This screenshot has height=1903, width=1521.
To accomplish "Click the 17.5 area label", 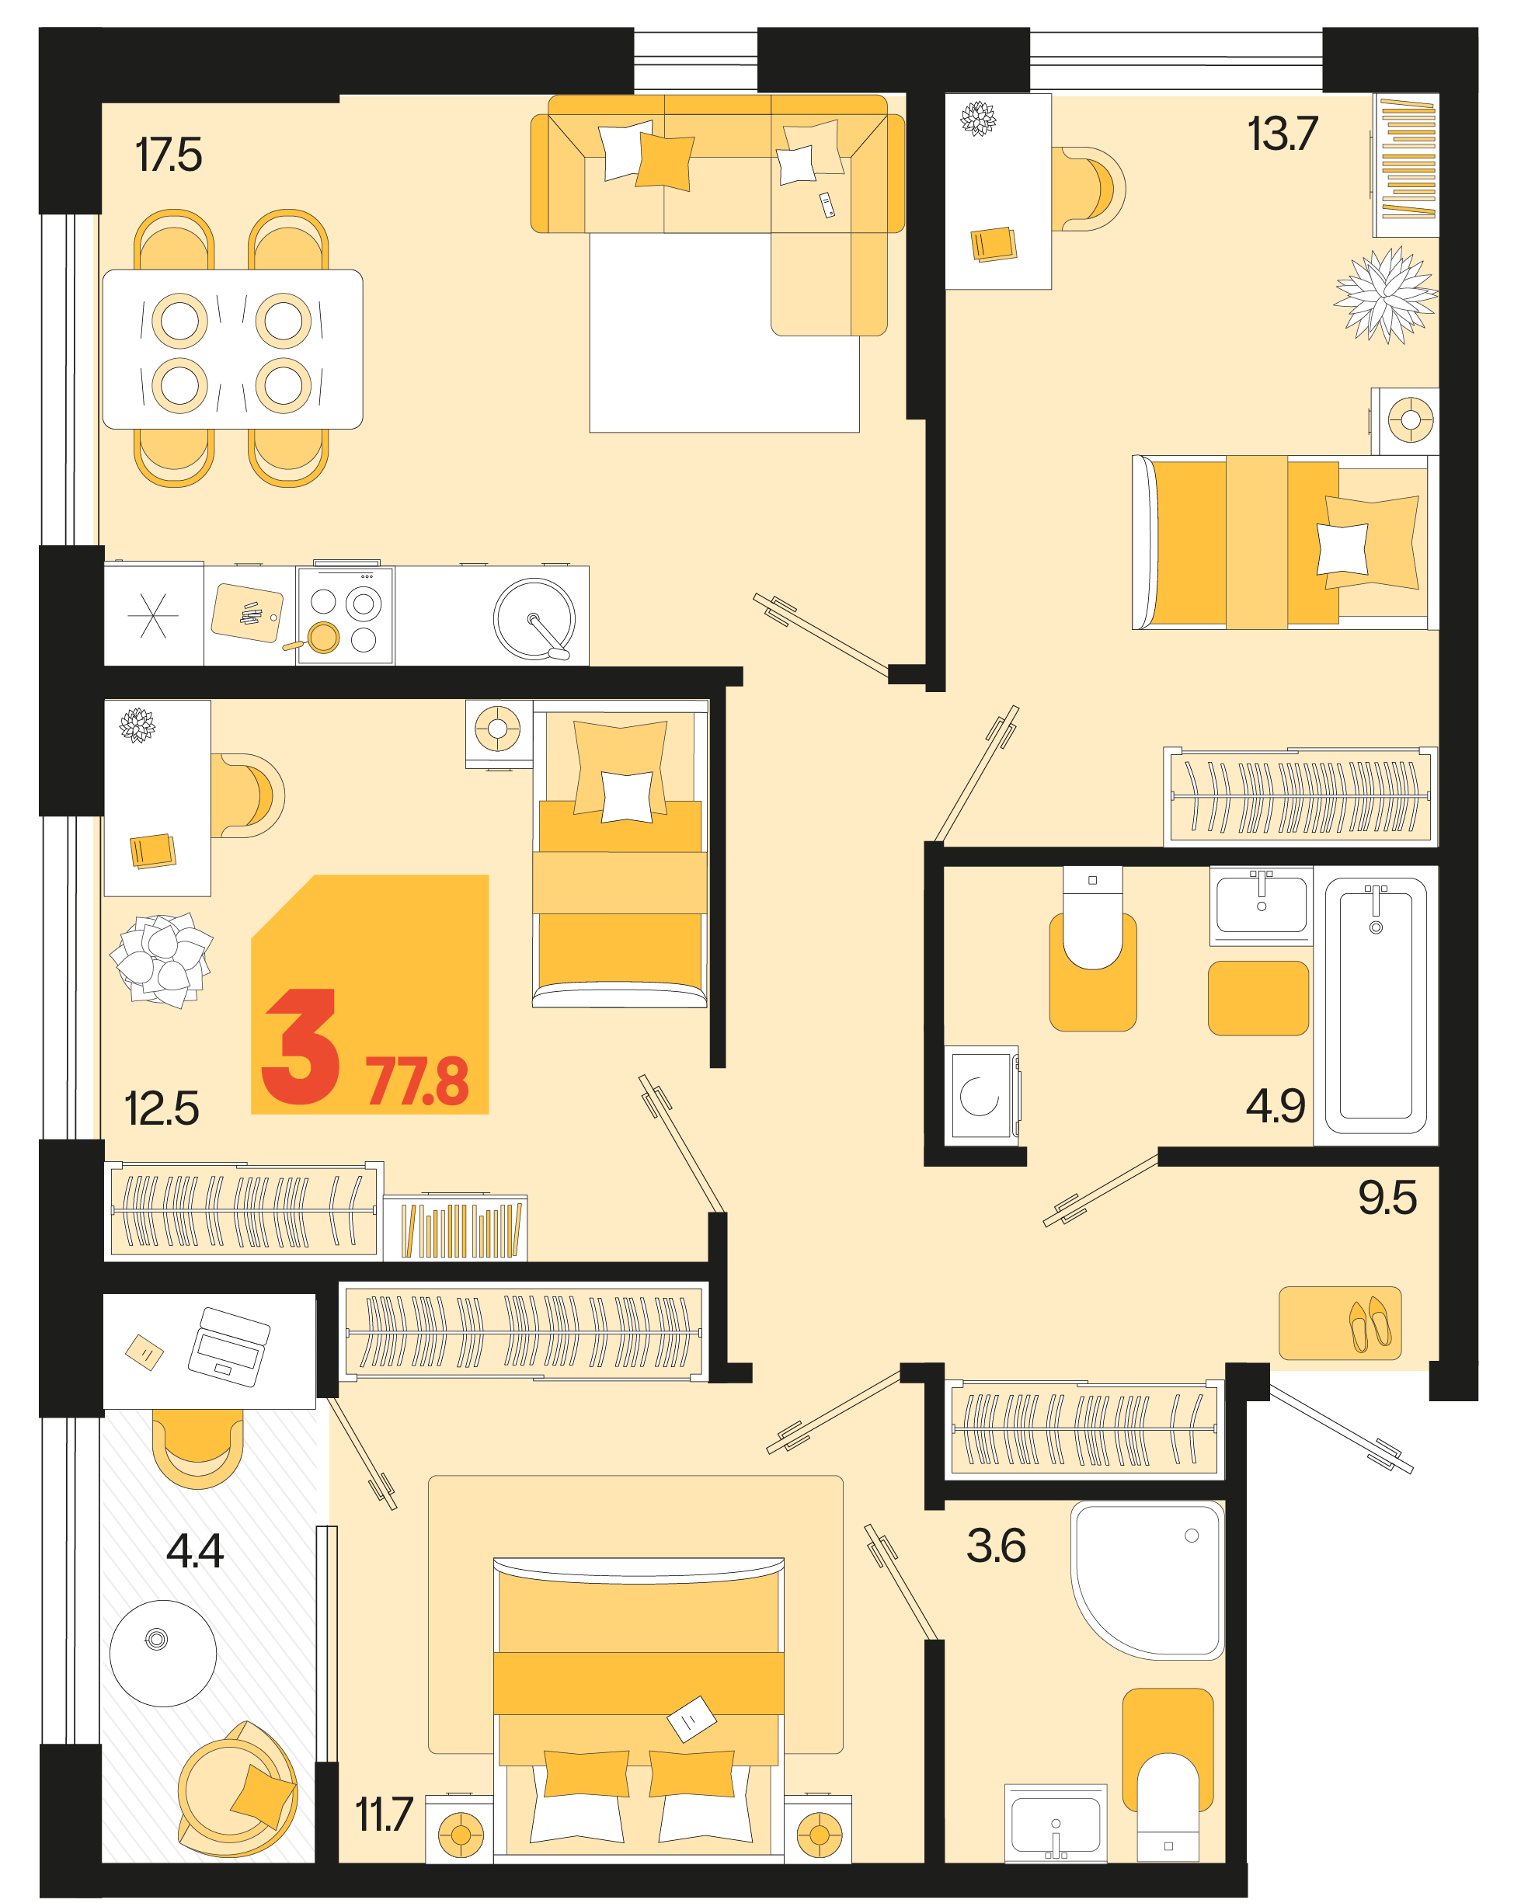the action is point(169,155).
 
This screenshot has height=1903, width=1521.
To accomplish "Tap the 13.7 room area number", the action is point(1283,134).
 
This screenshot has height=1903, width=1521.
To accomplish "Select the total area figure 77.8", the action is point(418,1081).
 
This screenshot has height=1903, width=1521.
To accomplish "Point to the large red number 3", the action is point(301,1046).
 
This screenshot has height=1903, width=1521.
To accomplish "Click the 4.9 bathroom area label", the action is point(1276,1105).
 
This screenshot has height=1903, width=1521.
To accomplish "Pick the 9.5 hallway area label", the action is point(1387,1198).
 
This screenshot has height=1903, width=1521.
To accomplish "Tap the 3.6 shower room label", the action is point(996,1546).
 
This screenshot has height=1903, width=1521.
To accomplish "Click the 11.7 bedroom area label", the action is point(384,1814).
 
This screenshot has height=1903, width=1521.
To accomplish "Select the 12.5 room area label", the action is point(162,1108).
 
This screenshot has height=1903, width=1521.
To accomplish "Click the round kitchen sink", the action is point(534,619).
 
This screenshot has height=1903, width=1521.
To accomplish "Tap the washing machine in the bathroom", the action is point(982,1095).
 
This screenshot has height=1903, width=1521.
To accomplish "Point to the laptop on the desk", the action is point(228,1347).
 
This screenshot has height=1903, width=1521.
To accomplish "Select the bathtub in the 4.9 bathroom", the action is point(1375,1005).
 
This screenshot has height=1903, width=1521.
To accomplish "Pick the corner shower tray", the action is point(1147,1580).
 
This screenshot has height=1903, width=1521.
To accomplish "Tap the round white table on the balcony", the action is point(163,1653).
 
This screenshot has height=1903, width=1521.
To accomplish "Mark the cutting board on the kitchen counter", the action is point(247,613).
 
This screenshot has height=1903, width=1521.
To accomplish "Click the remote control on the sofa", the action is point(827,205).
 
